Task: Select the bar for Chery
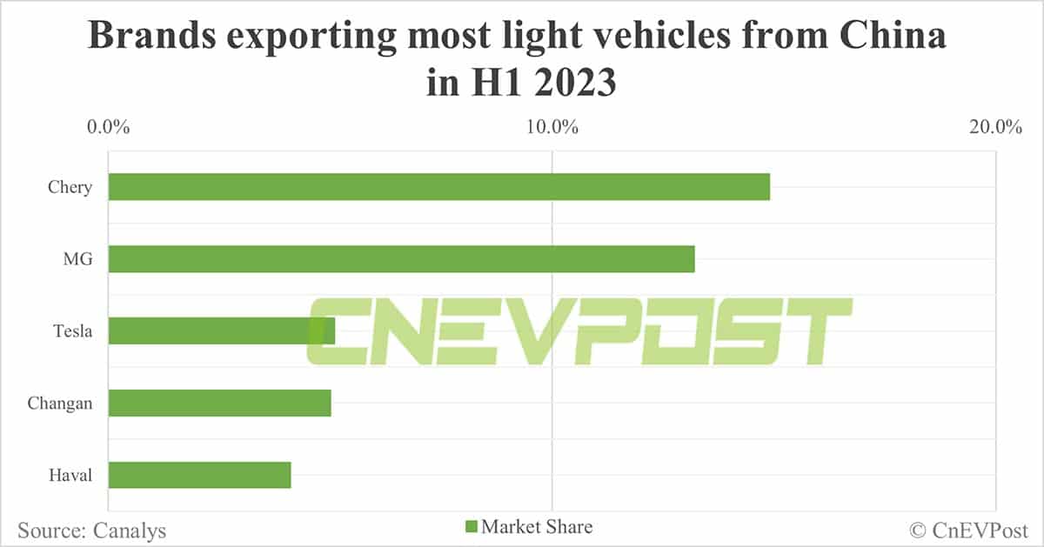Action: point(438,187)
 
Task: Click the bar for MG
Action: point(401,259)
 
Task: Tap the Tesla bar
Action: point(221,330)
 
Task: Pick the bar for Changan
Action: point(219,403)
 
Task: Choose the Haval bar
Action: point(199,475)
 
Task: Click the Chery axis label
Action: point(70,187)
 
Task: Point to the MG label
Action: point(77,259)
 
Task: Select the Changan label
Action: point(59,403)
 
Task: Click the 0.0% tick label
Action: point(108,128)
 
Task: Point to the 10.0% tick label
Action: point(552,128)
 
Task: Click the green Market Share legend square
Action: point(472,527)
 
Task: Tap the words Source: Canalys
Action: point(91,530)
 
